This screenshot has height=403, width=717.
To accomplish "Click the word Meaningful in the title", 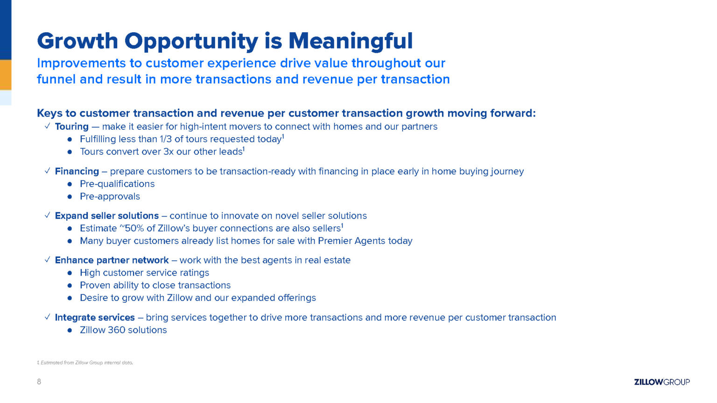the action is (351, 42).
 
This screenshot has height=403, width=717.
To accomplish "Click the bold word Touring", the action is (72, 127).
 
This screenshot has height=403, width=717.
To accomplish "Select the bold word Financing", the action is (77, 172).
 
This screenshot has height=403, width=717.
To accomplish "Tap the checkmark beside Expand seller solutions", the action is (47, 215).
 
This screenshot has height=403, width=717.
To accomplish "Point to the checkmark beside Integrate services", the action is (47, 317).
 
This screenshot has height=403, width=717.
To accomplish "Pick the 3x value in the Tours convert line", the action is (169, 152).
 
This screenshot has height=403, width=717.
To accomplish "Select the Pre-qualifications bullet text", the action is (117, 184).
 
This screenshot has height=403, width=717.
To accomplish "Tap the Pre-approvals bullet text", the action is (110, 196).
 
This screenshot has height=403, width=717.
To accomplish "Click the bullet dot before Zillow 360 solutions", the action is (70, 330).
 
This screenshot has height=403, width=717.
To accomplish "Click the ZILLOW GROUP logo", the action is (662, 382).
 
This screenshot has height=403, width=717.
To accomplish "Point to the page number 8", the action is (39, 382).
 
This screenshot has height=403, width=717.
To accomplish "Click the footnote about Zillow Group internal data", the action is (85, 363).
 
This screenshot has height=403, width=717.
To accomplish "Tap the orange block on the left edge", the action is (6, 75).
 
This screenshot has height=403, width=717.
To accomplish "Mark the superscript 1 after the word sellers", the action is (342, 226).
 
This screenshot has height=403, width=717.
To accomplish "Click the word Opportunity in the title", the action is (191, 42).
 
